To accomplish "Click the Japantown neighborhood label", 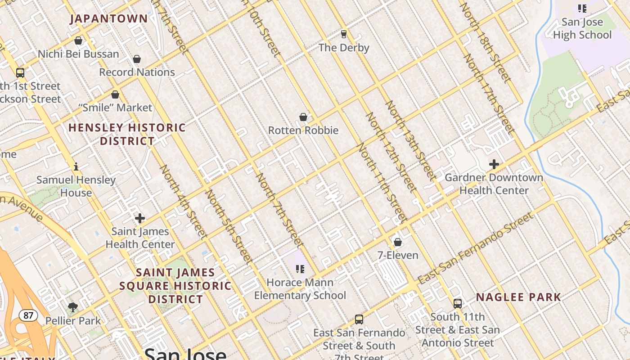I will click(109, 18).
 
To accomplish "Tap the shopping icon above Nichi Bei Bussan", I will click(78, 40).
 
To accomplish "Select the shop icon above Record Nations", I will click(137, 59).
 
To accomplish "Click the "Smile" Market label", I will click(116, 108).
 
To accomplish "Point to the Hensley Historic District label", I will click(127, 134).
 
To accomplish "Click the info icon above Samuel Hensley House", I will click(76, 166).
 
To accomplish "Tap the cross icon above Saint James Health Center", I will click(140, 219).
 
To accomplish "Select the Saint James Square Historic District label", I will click(175, 286).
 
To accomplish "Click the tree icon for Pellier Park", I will click(73, 307).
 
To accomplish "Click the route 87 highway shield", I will click(28, 315).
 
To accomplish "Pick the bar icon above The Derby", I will click(344, 34).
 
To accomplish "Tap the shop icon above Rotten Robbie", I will click(303, 117).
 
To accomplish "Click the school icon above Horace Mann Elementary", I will click(300, 269).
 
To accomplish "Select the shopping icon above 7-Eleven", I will click(397, 242).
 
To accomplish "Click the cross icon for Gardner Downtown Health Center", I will click(494, 164).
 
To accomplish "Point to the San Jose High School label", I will click(582, 28).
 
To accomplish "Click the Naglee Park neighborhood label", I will click(518, 297).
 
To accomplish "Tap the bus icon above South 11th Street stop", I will click(458, 303).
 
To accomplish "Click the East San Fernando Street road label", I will click(475, 248).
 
